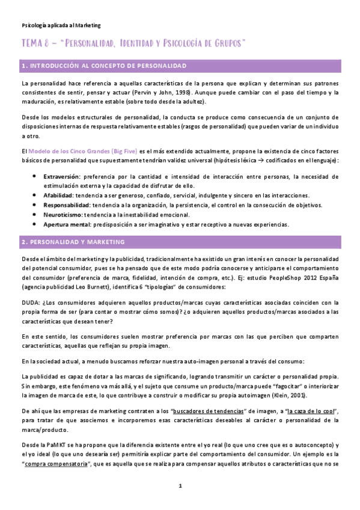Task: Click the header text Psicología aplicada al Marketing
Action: [61, 25]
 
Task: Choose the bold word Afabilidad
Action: [58, 195]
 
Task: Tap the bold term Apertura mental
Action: [65, 224]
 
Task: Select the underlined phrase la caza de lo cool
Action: [311, 410]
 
